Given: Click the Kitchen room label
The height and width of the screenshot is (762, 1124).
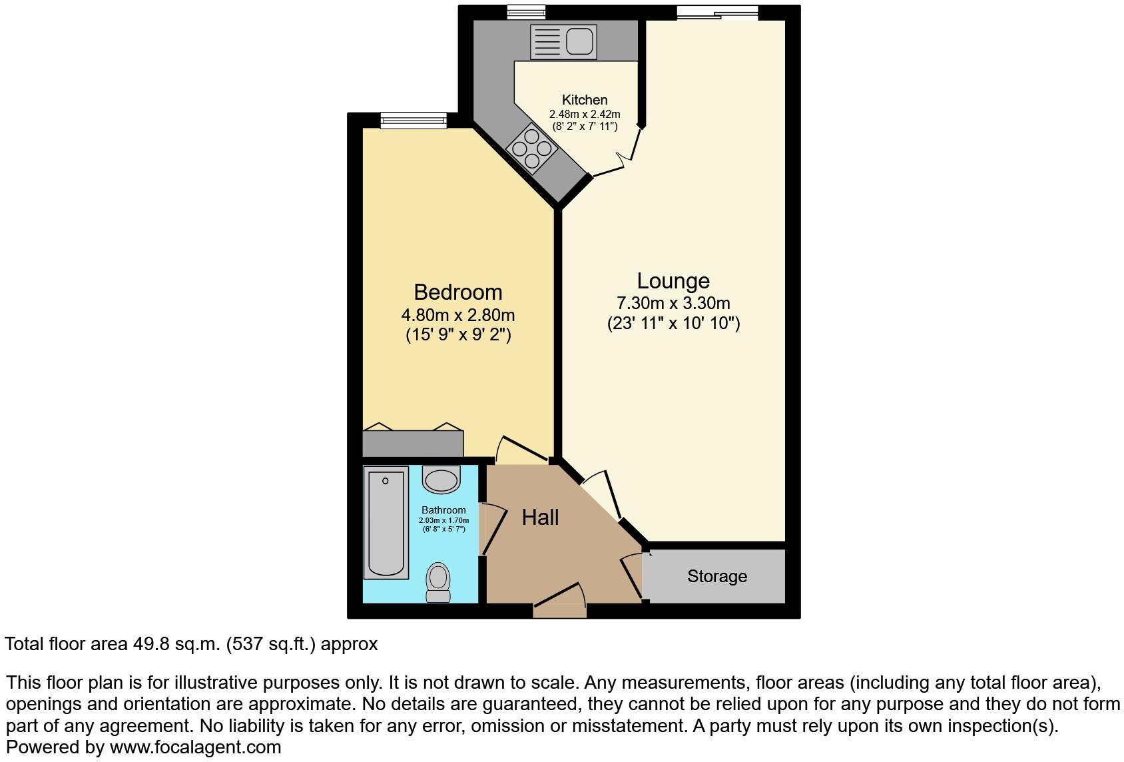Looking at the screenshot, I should (x=585, y=100).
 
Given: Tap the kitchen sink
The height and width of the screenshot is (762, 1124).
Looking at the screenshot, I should (x=563, y=41).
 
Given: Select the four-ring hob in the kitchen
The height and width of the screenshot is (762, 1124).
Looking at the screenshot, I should (x=531, y=148).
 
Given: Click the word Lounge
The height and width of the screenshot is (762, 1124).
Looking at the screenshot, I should (x=673, y=281).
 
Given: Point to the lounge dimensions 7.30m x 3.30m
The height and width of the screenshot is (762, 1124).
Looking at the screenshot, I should (x=673, y=304).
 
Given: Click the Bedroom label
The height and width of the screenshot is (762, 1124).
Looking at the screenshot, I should (x=458, y=292).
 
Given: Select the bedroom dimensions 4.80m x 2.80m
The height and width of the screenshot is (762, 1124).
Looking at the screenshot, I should (x=458, y=315).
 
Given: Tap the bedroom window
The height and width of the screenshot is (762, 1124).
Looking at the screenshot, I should (x=414, y=120).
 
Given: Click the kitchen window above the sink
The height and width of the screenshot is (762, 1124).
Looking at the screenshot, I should (x=526, y=12).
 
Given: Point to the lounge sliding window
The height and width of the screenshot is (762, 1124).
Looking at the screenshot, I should (x=718, y=12).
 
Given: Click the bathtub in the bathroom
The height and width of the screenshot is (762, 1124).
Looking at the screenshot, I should (x=386, y=522).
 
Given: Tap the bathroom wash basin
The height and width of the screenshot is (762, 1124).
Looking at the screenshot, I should (x=441, y=480).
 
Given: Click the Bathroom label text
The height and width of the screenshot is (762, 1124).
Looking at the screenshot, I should (x=443, y=510).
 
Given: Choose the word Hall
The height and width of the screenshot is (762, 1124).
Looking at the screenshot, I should (x=540, y=518).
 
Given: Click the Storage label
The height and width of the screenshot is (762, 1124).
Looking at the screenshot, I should (x=717, y=576).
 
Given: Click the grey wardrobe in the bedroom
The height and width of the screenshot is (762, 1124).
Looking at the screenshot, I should (x=413, y=443).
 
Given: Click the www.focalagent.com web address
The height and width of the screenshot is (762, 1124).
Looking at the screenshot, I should (x=195, y=747).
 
